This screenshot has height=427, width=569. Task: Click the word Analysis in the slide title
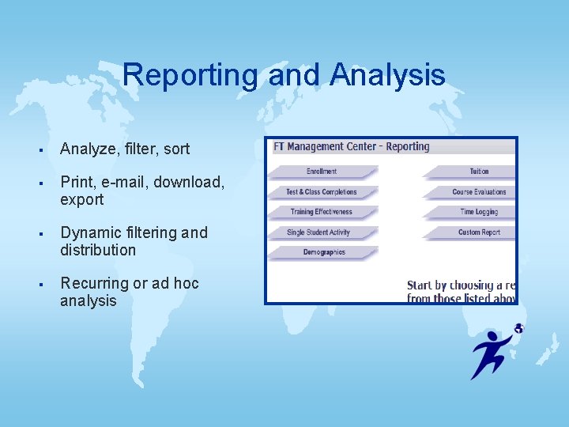point(388,76)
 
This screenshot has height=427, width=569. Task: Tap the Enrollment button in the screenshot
point(322,172)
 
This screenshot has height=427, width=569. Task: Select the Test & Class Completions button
point(322,192)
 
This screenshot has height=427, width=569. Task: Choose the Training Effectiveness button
point(322,212)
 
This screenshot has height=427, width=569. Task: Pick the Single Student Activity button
point(318,232)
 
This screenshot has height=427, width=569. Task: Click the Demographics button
point(324,252)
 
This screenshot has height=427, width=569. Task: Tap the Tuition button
point(478,172)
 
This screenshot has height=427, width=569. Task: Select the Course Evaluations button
point(479,192)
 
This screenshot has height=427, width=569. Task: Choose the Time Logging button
point(479,212)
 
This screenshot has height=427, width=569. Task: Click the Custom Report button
point(479,232)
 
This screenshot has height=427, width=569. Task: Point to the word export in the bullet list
point(81,199)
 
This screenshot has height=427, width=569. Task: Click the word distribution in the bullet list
point(98,250)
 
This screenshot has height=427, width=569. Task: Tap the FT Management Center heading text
point(319,147)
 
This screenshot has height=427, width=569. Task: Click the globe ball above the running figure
point(518,328)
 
